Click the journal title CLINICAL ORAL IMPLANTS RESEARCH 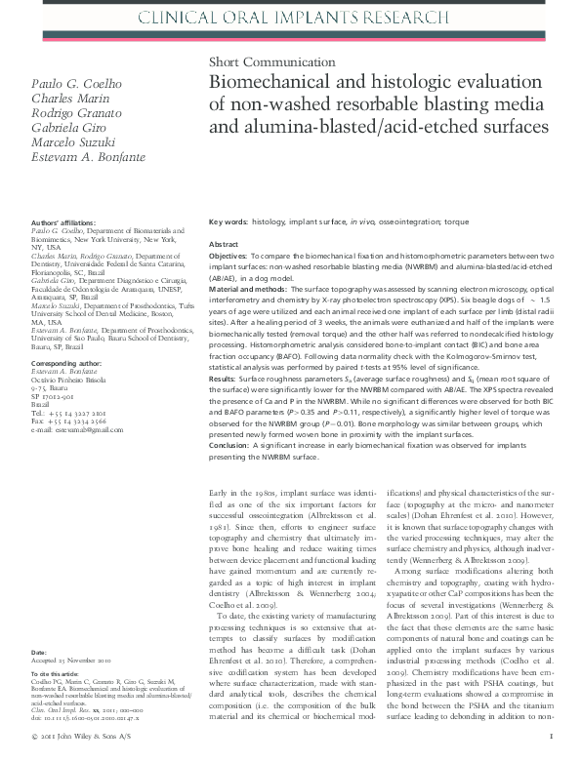point(291,17)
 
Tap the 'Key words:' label point(228,222)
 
